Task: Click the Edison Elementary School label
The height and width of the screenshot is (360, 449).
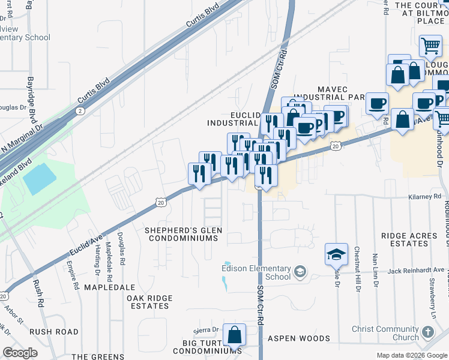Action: (256, 272)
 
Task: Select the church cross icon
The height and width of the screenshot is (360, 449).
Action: (427, 332)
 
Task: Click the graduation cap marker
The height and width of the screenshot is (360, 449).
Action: (336, 254)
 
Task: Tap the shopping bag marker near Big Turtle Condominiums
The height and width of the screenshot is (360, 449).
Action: (235, 335)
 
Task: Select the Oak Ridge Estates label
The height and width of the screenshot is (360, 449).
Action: (149, 302)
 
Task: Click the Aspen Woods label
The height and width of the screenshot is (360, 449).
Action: (299, 338)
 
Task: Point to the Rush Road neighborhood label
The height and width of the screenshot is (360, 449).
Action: (54, 331)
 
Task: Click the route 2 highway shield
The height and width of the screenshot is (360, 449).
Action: (80, 111)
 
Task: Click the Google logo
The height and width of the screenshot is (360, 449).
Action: (20, 353)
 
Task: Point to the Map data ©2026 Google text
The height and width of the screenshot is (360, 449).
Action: (411, 355)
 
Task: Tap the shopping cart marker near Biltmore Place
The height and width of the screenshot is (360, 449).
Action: (430, 46)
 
